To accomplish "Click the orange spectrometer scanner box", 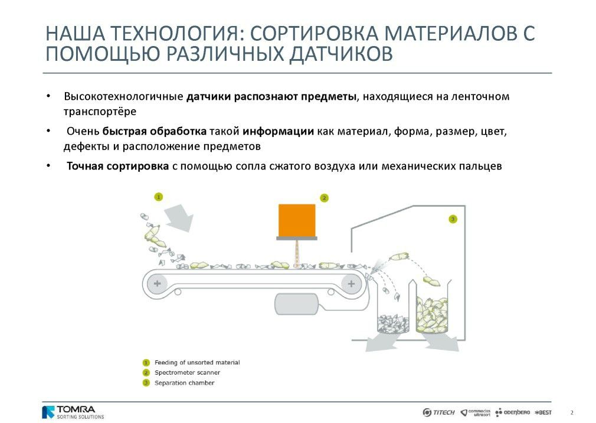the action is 297,220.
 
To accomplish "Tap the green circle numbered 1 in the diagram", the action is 159,197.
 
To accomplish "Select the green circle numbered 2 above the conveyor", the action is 324,198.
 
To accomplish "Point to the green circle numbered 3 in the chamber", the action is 453,219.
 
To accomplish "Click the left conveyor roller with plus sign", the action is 157,284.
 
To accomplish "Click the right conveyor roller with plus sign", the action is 351,284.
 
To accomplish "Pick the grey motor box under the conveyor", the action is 296,304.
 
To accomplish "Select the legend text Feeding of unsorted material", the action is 197,363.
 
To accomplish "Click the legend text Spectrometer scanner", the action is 187,372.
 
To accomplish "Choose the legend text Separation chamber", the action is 184,383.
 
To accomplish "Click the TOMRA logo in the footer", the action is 73,412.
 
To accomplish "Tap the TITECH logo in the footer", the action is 438,412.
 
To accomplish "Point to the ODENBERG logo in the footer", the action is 512,412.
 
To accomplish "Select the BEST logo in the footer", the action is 543,412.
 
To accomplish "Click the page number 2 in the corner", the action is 572,413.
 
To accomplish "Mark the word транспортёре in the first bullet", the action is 100,112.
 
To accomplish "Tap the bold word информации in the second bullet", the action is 279,132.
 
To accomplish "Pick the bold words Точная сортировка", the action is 118,166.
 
